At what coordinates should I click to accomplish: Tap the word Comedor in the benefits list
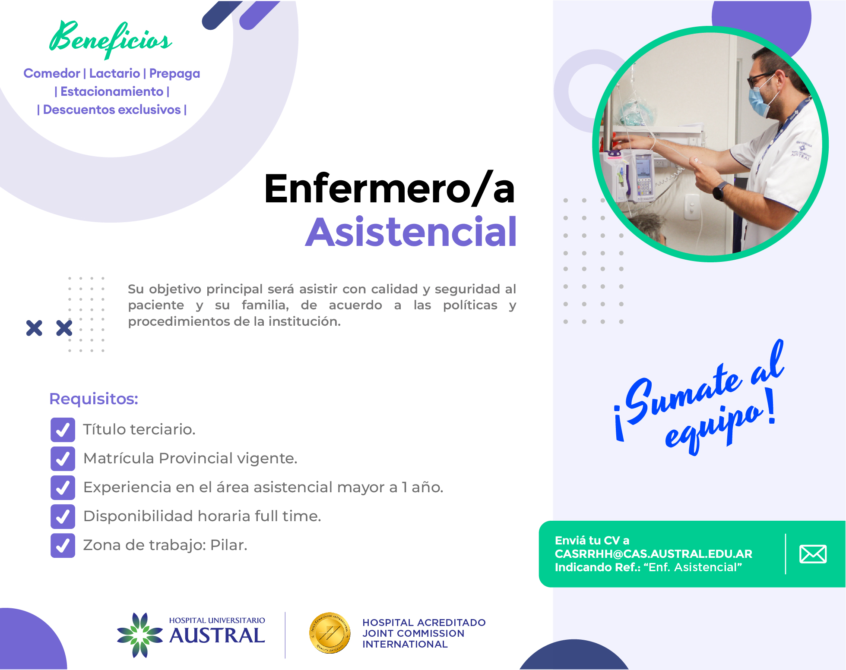pos(52,73)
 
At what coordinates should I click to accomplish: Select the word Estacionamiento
pos(112,91)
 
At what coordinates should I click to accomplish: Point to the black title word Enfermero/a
pos(390,189)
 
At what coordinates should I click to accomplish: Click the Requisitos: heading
pos(94,399)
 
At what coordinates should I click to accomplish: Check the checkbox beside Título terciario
pos(63,430)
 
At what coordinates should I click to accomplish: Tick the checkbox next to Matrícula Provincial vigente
pos(63,459)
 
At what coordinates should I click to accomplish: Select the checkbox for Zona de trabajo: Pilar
pos(63,545)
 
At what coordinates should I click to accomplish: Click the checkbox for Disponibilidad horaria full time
pos(63,516)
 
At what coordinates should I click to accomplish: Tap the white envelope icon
pos(813,554)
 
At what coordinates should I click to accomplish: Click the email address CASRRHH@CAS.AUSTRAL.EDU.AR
pos(653,554)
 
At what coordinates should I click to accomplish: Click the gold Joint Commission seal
pos(330,633)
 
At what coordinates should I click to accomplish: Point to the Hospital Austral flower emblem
pos(140,635)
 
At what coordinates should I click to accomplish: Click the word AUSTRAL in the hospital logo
pos(217,636)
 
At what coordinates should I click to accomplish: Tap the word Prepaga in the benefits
pos(174,74)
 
